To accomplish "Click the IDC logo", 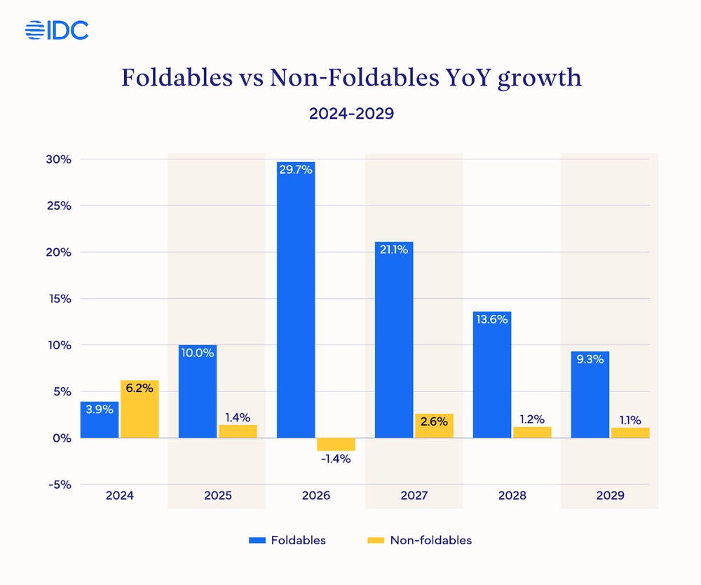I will [56, 30].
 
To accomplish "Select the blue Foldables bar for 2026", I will [296, 302].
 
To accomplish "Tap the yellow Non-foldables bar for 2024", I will [139, 410].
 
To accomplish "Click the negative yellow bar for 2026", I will [336, 444].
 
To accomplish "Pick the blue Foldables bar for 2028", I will [492, 375].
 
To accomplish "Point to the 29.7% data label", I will [296, 170].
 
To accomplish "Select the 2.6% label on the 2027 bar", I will [433, 421].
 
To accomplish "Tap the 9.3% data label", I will [590, 359].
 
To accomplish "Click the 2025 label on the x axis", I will [218, 495].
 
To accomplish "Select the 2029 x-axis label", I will [610, 495].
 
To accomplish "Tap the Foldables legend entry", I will [287, 540].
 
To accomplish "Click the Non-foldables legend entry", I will [419, 540].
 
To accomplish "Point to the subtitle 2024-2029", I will [351, 114].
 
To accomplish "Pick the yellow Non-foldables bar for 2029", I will [629, 433].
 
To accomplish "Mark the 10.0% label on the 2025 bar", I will [198, 353].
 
